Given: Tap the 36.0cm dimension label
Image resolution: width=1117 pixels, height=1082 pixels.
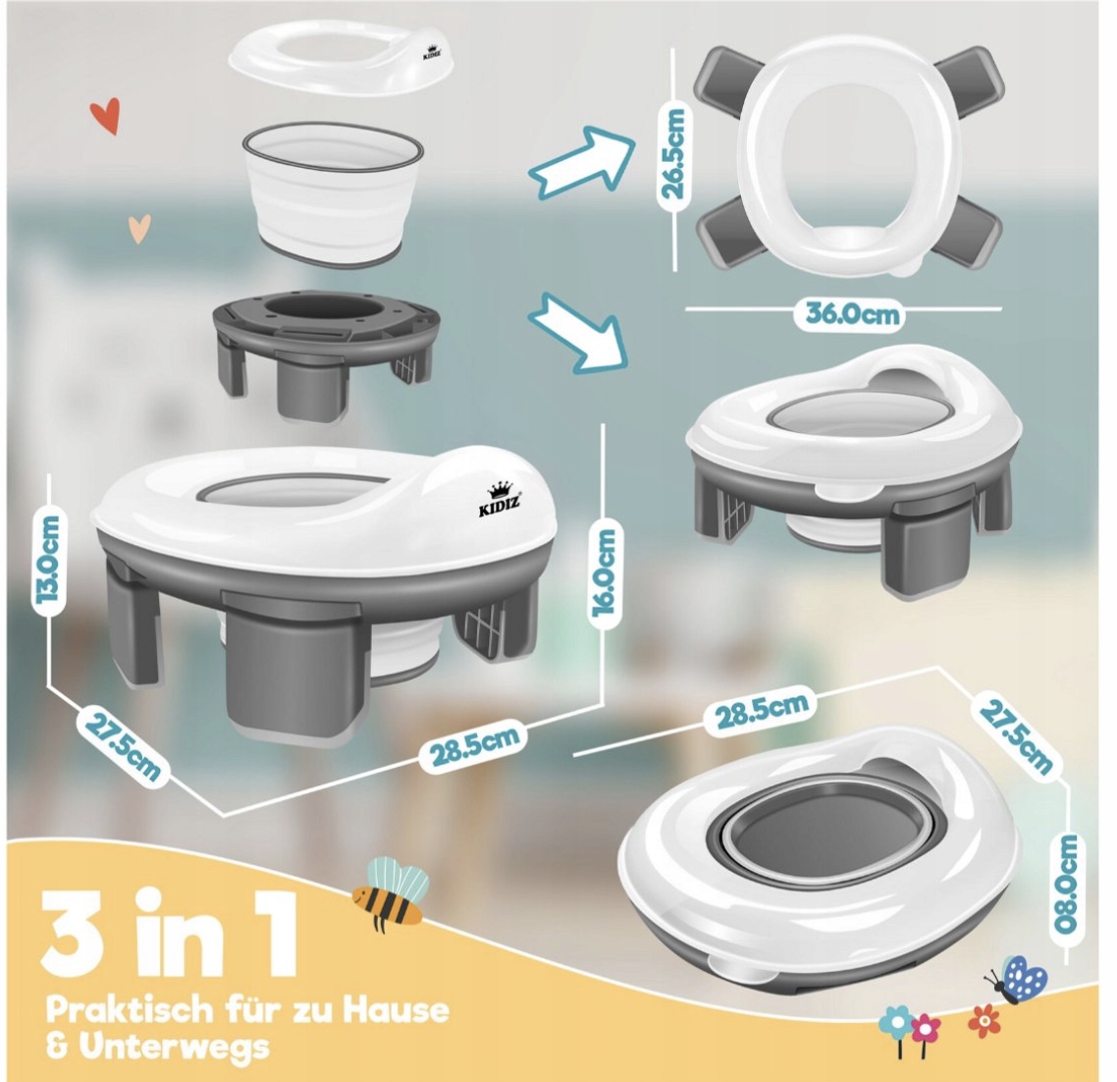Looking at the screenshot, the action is [x=852, y=313].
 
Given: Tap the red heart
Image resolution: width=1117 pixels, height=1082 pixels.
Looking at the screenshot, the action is [x=105, y=116].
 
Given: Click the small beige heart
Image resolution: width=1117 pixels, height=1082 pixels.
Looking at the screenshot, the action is [x=140, y=229].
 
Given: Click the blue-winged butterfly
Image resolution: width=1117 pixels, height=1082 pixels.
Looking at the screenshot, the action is [x=1016, y=979].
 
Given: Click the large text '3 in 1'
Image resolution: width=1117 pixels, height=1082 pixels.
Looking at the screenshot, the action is [x=170, y=933].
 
